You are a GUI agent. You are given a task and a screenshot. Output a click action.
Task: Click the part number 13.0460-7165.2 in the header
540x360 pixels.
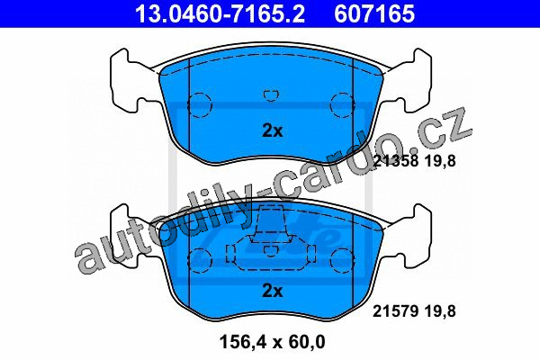(220, 13)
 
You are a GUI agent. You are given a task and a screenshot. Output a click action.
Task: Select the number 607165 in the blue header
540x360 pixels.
(374, 13)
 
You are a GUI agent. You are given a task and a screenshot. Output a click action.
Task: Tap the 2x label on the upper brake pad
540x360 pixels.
(272, 130)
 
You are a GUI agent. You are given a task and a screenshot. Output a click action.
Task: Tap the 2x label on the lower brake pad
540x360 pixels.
(272, 291)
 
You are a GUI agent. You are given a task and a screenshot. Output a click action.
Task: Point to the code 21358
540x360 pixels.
(395, 161)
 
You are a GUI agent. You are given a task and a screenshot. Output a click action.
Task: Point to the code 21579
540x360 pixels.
(395, 311)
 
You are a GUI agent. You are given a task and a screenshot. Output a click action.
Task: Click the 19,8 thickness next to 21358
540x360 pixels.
(439, 161)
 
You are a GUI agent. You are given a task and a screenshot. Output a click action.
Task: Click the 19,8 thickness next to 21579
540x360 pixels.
(439, 311)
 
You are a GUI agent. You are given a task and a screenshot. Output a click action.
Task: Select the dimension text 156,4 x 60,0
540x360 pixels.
(272, 342)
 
